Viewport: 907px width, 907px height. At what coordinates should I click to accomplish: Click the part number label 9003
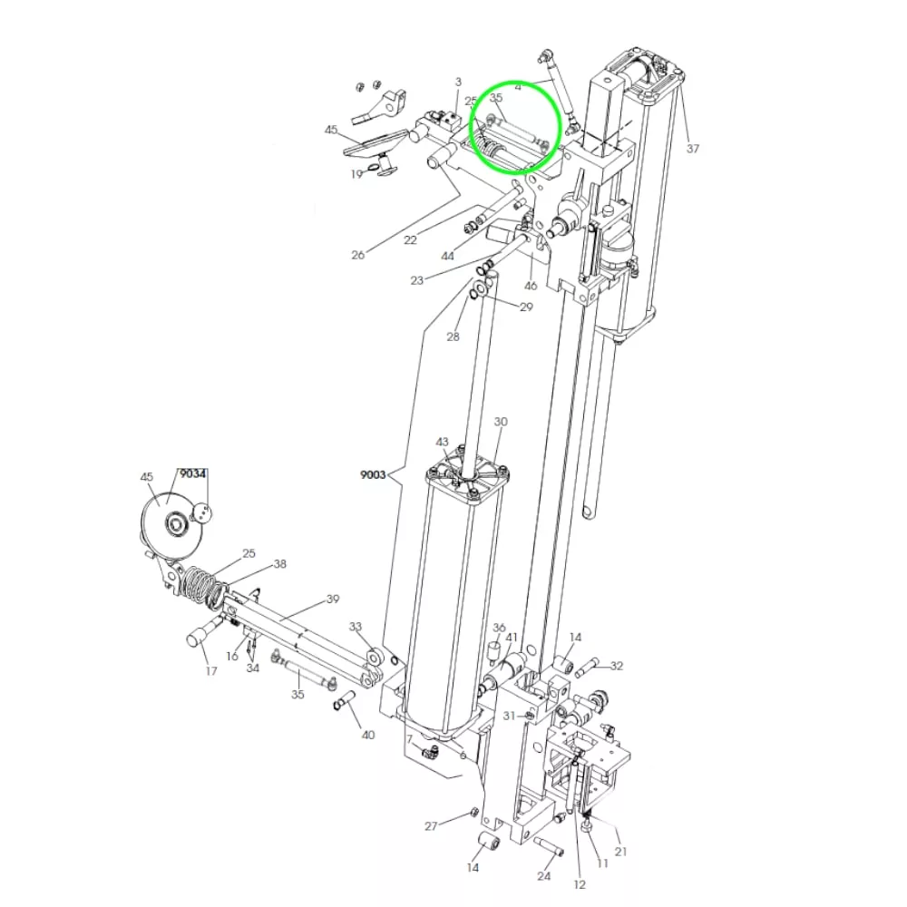pos(373,475)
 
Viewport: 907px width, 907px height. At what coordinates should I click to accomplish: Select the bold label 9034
pos(192,473)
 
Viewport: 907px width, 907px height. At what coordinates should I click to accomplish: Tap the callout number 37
pos(693,149)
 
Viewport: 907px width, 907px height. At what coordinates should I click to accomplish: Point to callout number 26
pos(358,255)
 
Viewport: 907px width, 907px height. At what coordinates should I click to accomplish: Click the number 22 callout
pos(410,239)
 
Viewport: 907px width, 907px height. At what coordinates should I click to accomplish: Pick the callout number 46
pos(531,285)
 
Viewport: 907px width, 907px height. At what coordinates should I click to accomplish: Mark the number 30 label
pos(501,422)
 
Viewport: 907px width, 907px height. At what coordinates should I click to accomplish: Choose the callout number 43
pos(442,442)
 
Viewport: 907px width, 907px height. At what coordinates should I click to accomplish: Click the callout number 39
pos(333,600)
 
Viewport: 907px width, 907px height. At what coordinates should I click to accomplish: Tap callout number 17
pos(211,671)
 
